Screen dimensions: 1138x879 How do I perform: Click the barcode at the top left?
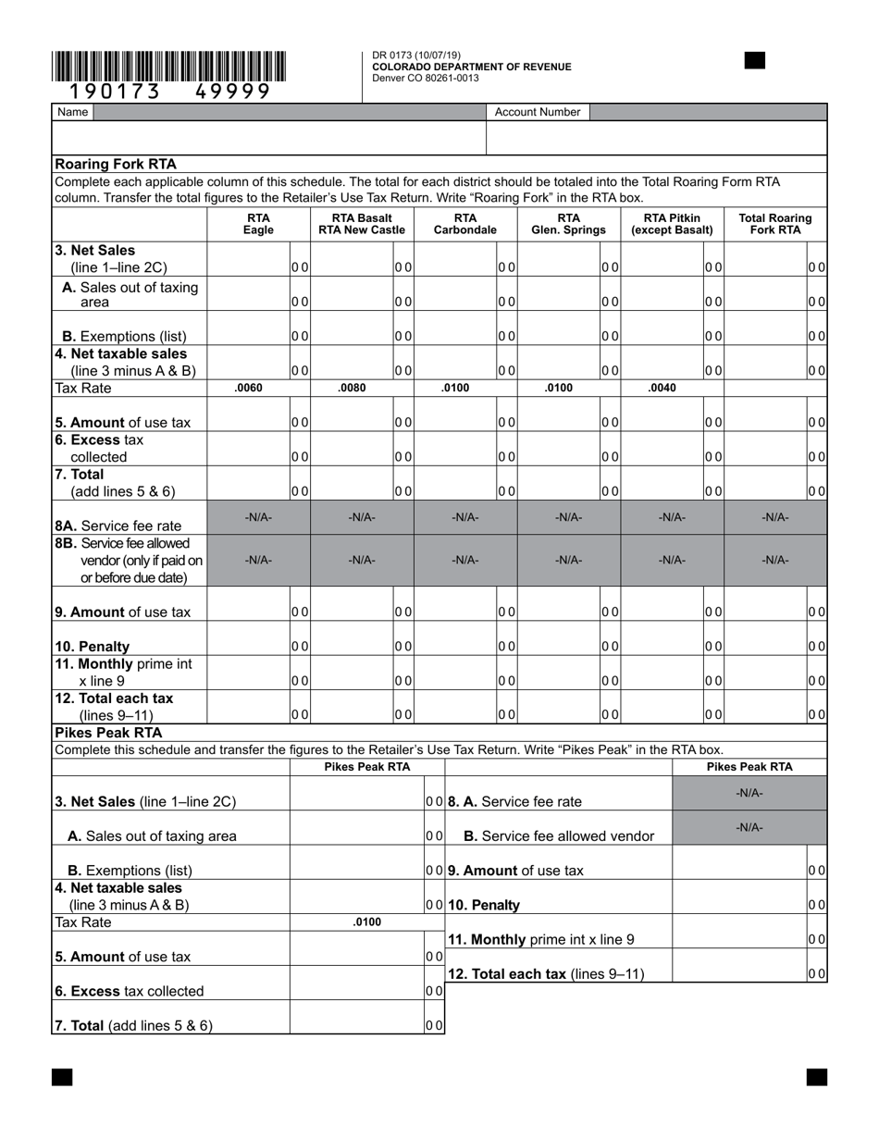pyautogui.click(x=168, y=68)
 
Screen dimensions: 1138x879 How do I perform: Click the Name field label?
pyautogui.click(x=72, y=112)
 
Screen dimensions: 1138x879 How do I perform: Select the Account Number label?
pyautogui.click(x=538, y=112)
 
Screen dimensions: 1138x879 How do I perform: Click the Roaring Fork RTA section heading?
pyautogui.click(x=116, y=164)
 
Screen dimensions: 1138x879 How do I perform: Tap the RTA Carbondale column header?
pyautogui.click(x=464, y=224)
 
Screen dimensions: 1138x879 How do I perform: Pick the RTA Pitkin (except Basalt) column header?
pyautogui.click(x=672, y=224)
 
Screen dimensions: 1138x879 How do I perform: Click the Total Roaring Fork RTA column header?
pyautogui.click(x=775, y=224)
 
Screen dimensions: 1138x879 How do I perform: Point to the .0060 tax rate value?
pyautogui.click(x=249, y=388)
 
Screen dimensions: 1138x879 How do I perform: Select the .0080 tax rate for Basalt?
pyautogui.click(x=353, y=388)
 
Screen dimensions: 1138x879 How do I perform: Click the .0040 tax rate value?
pyautogui.click(x=662, y=388)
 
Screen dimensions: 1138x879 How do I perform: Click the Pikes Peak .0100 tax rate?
pyautogui.click(x=367, y=922)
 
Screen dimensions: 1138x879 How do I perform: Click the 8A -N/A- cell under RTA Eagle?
pyautogui.click(x=258, y=517)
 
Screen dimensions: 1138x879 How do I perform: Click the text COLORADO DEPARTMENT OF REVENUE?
pyautogui.click(x=472, y=67)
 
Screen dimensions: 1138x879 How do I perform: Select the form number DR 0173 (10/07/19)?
pyautogui.click(x=416, y=56)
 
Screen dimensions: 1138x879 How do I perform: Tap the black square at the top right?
pyautogui.click(x=755, y=61)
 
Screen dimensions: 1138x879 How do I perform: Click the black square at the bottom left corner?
pyautogui.click(x=62, y=1077)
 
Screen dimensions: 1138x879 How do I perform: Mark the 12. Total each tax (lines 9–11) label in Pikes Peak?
pyautogui.click(x=546, y=973)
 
